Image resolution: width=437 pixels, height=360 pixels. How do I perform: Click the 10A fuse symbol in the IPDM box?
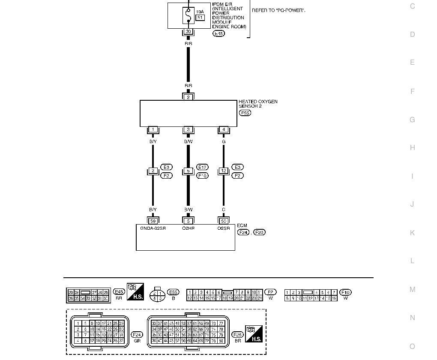[x=188, y=16]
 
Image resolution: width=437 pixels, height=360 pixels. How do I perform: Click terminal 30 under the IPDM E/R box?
[x=188, y=31]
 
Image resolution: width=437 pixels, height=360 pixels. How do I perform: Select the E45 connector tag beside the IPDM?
[x=218, y=33]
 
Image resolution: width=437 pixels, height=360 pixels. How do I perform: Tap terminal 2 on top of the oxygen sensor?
[x=188, y=97]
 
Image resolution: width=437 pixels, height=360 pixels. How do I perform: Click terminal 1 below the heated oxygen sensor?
[x=153, y=129]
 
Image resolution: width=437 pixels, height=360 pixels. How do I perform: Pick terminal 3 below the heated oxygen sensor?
[x=188, y=129]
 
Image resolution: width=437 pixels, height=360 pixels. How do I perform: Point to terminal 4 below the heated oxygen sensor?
[x=223, y=129]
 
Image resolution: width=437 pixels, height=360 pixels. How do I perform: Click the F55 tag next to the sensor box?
[x=245, y=113]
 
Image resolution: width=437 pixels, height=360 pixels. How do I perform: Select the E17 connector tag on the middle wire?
[x=202, y=167]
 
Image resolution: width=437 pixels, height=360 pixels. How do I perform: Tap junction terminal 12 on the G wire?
[x=223, y=171]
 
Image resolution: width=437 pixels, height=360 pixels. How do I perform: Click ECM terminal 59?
[x=153, y=221]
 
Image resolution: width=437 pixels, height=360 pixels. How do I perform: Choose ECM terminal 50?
[x=223, y=221]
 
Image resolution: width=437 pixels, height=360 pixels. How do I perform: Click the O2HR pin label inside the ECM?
[x=188, y=228]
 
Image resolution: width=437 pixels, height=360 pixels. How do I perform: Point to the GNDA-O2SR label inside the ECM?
[x=153, y=228]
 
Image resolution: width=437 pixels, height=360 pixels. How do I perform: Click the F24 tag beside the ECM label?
[x=243, y=232]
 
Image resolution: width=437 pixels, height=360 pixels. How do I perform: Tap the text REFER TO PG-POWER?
[x=278, y=10]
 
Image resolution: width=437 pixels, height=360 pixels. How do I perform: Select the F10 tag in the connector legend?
[x=345, y=292]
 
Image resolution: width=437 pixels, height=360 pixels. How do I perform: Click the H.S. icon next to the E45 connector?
[x=135, y=291]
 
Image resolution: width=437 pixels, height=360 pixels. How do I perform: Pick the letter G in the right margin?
[x=412, y=120]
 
